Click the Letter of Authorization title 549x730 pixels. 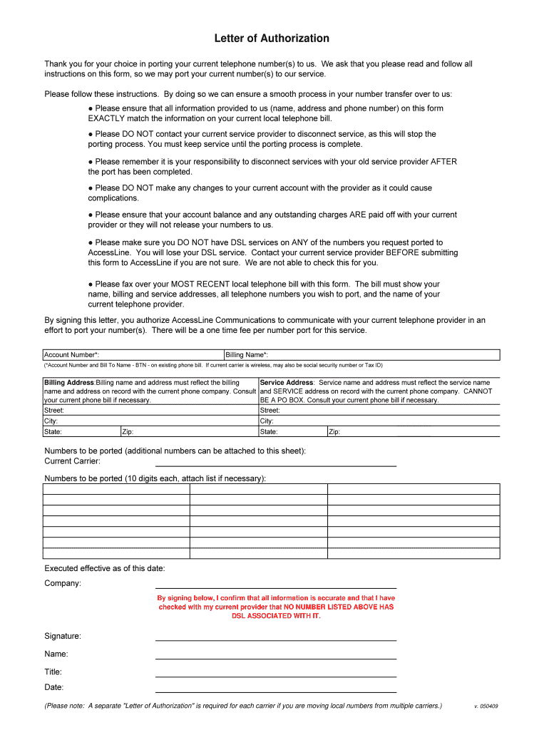pyautogui.click(x=272, y=38)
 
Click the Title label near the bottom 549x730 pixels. pyautogui.click(x=53, y=672)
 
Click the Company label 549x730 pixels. pyautogui.click(x=63, y=583)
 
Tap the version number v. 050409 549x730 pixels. pyautogui.click(x=486, y=706)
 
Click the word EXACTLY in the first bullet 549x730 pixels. pyautogui.click(x=108, y=118)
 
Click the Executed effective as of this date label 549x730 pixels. pyautogui.click(x=105, y=568)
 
